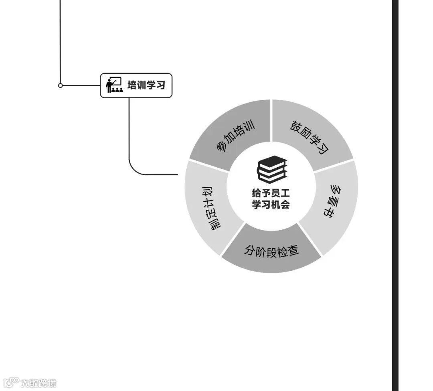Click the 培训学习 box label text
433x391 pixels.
(x=146, y=85)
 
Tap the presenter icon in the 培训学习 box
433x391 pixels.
(x=114, y=85)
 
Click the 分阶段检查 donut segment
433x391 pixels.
(x=271, y=251)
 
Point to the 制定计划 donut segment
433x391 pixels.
(x=209, y=206)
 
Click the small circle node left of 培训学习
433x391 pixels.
(x=61, y=85)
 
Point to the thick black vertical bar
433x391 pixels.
(x=395, y=195)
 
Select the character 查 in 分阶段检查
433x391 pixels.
(x=293, y=251)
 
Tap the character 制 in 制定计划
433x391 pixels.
(x=215, y=225)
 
